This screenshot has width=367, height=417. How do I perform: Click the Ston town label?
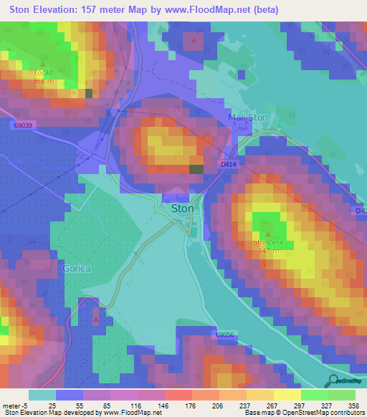point(183,208)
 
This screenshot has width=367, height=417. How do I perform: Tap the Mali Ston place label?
point(248,118)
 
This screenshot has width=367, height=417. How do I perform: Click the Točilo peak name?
point(43,73)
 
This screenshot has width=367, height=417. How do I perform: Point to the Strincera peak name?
point(269,242)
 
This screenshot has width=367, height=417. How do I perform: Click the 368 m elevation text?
point(43,81)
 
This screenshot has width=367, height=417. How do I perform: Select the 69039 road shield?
point(23,125)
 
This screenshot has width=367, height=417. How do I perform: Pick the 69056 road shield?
point(224,335)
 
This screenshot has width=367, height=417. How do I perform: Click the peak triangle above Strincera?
point(269,234)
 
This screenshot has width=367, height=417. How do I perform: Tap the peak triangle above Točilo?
point(43,64)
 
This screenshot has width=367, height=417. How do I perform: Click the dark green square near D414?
point(196,169)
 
